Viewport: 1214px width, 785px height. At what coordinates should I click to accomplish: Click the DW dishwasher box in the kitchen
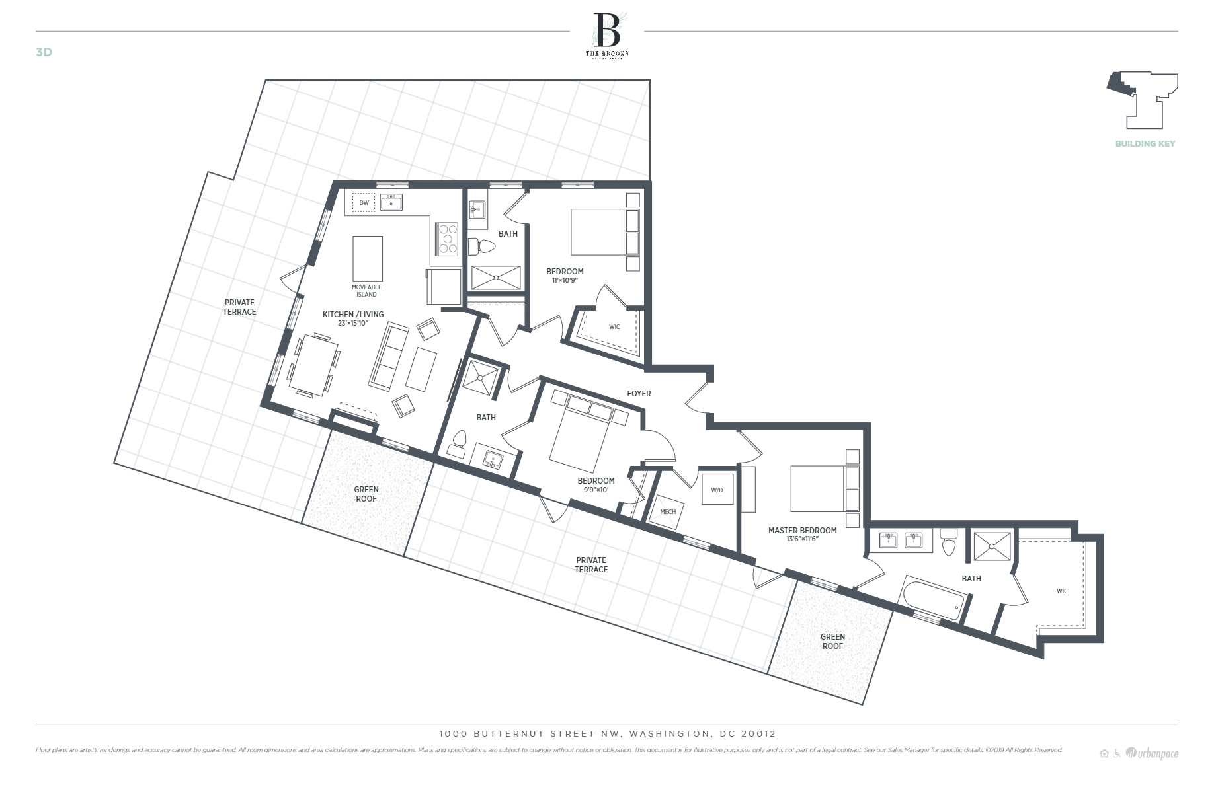click(364, 203)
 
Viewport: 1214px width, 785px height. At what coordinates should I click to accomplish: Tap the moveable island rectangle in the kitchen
click(368, 259)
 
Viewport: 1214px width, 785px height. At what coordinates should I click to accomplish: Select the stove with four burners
click(447, 239)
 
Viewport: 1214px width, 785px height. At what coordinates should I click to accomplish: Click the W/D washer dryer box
click(717, 490)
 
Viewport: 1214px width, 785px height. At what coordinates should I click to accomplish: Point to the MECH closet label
click(668, 512)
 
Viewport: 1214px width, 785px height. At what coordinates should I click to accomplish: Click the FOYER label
click(639, 394)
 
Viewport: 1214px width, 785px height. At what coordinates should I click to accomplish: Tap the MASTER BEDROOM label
click(802, 530)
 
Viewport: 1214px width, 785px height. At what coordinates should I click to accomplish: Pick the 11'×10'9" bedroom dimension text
click(565, 280)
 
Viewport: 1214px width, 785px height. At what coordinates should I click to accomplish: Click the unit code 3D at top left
click(44, 52)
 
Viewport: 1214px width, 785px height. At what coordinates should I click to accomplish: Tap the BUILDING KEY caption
click(1145, 143)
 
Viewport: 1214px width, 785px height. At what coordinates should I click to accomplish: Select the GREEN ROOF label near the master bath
click(832, 642)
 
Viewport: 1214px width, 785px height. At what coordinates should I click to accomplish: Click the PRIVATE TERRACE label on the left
click(239, 307)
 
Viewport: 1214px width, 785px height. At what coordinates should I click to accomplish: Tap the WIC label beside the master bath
click(1062, 591)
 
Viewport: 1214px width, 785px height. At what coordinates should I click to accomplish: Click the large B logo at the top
click(607, 30)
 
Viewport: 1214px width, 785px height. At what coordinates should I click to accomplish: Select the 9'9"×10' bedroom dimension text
click(596, 490)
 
